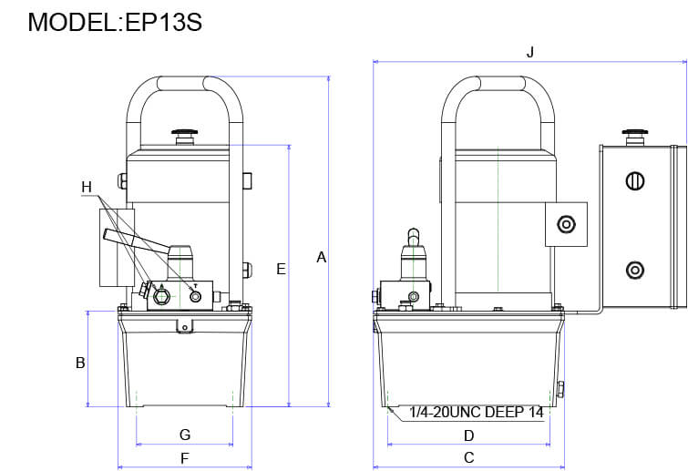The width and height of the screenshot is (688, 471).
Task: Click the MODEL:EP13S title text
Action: click(x=115, y=22)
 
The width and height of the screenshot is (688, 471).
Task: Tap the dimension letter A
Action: click(x=321, y=258)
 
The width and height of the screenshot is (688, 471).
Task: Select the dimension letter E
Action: click(x=281, y=269)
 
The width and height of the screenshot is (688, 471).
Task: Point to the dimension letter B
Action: click(x=80, y=363)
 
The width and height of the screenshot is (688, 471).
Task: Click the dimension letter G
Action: click(x=184, y=434)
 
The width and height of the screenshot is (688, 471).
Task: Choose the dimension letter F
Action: click(x=184, y=457)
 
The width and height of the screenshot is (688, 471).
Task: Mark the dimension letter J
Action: click(x=530, y=52)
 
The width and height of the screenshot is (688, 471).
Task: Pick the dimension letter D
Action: click(x=468, y=435)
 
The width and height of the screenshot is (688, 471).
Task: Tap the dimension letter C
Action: click(x=468, y=457)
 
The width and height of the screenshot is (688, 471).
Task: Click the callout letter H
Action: click(x=87, y=188)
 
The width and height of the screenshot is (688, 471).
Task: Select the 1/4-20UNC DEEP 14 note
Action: click(x=476, y=413)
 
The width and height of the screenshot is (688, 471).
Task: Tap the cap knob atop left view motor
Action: click(x=185, y=133)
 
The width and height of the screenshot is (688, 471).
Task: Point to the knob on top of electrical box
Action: click(x=634, y=133)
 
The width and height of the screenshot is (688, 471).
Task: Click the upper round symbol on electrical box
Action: click(x=634, y=181)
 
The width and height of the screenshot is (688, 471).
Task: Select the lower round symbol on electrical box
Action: click(x=634, y=270)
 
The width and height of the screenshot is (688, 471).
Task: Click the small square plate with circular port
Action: click(x=567, y=224)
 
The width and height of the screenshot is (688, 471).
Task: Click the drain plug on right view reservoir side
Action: click(x=560, y=390)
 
